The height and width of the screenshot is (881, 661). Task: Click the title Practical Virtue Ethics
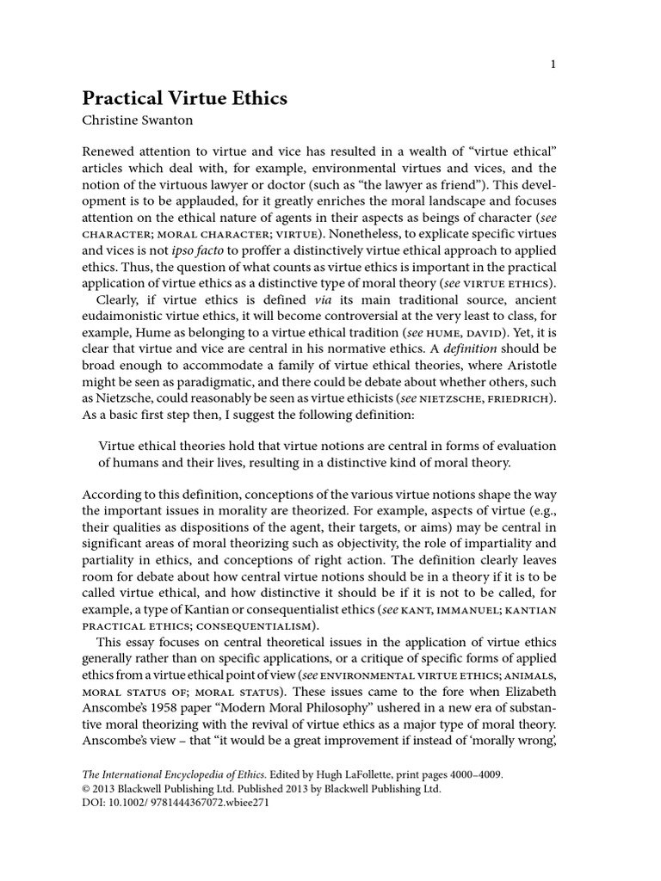click(x=184, y=98)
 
